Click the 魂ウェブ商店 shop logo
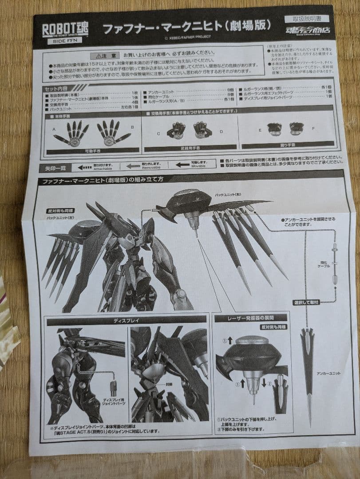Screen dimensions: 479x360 pos(308,31)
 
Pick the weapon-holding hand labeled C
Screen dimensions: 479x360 pos(176,131)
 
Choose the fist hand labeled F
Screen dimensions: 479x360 pos(296,129)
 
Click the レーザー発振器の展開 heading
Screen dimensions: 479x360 pos(251,318)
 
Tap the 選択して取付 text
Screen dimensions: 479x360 pos(306,302)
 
